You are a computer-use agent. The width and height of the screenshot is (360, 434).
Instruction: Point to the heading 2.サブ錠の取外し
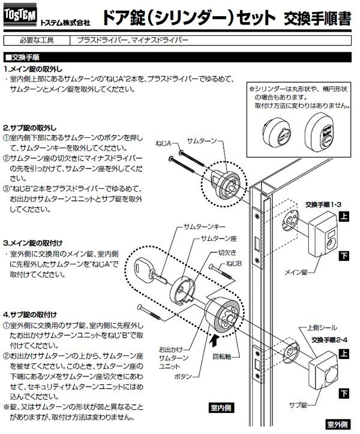(x=34, y=128)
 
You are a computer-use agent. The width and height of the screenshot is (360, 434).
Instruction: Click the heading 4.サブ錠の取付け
(x=34, y=314)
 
